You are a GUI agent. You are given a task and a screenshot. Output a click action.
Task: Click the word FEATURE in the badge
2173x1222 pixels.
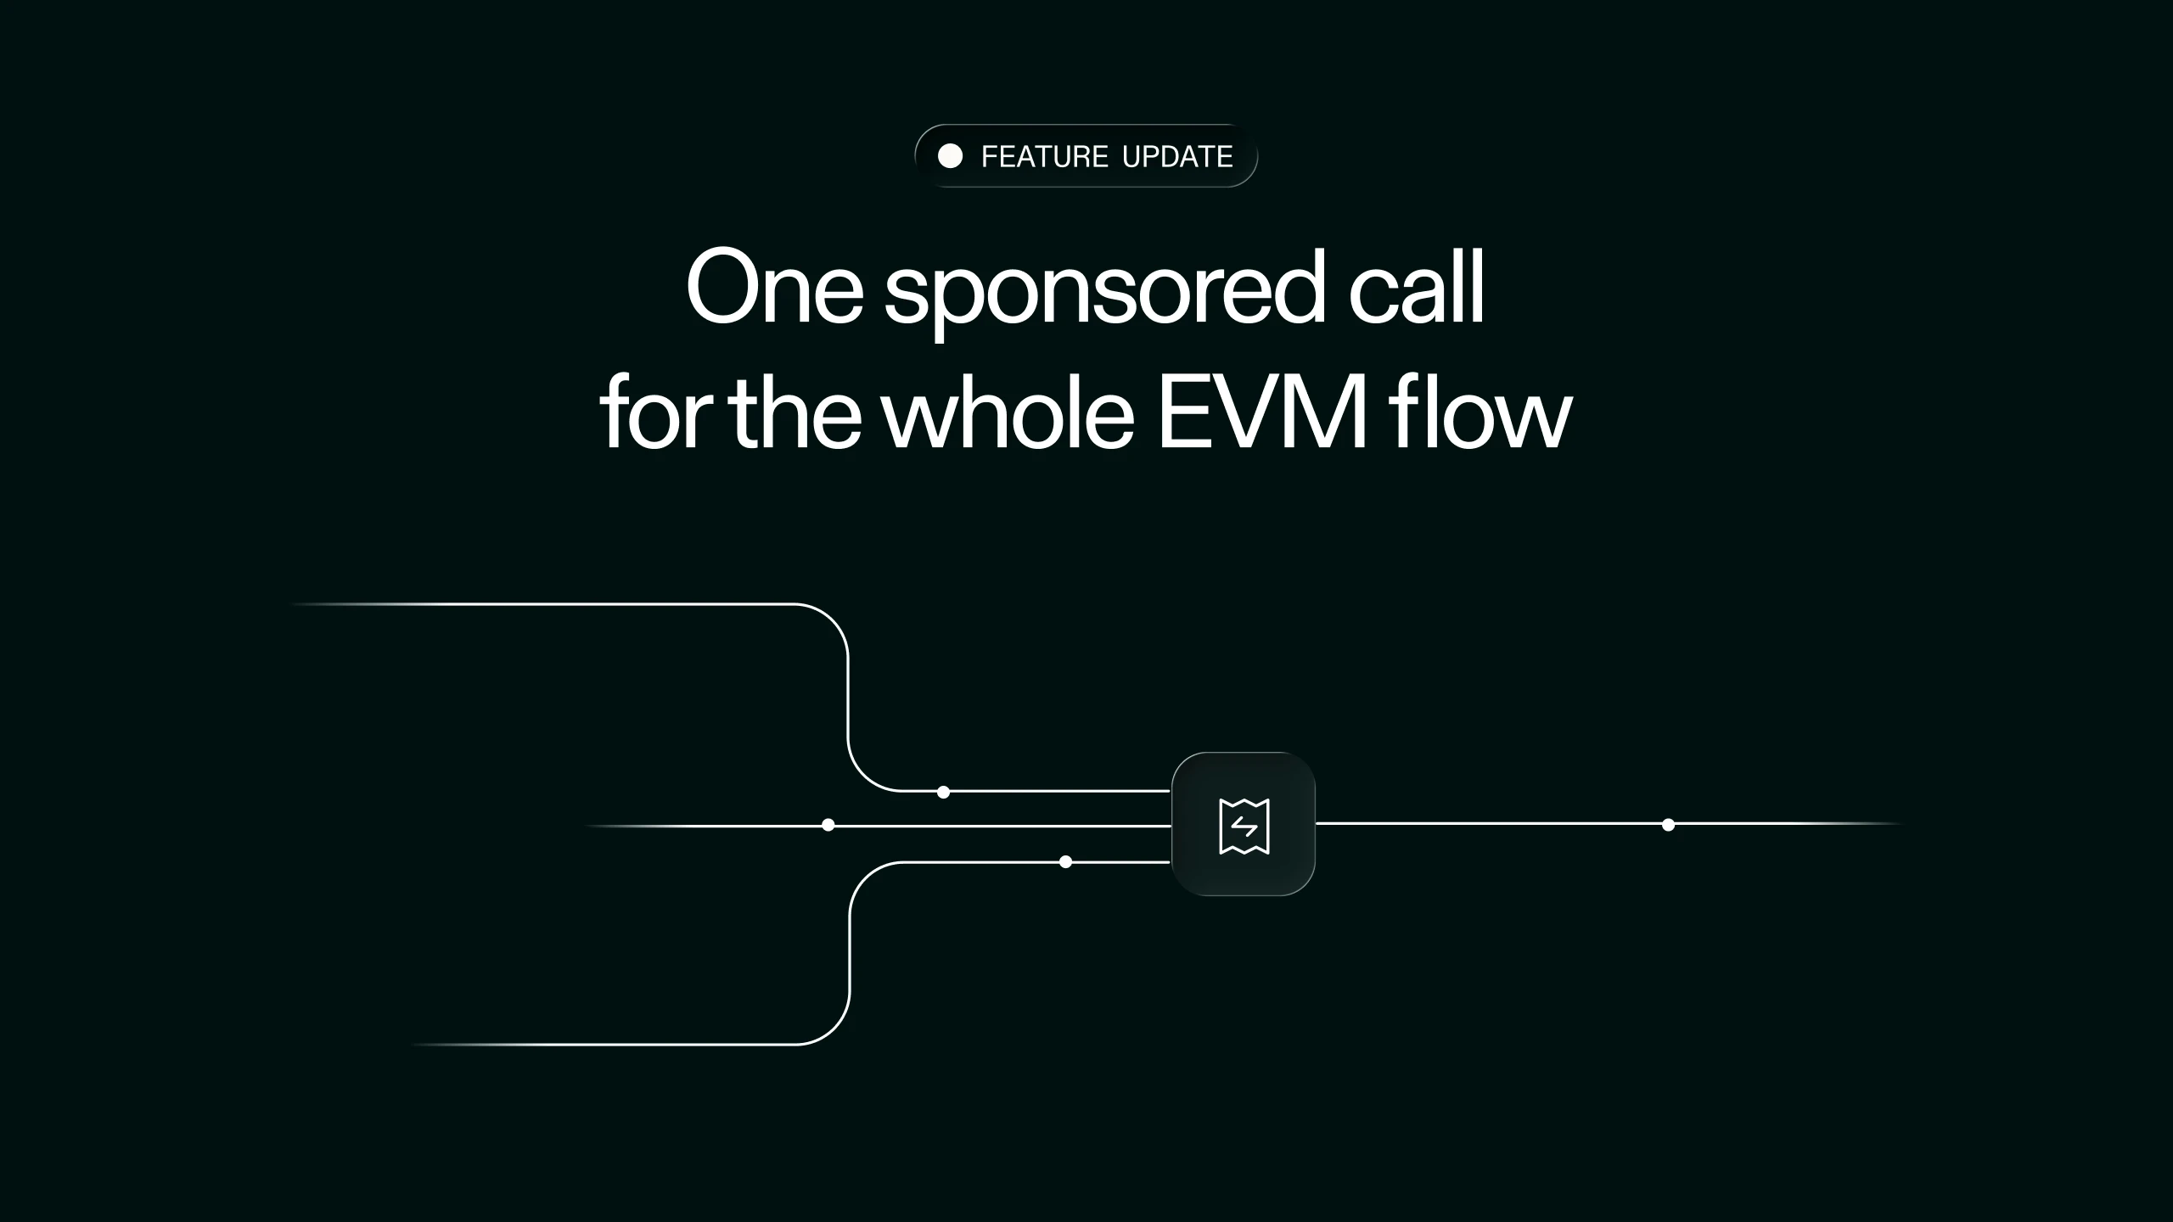pyautogui.click(x=1045, y=156)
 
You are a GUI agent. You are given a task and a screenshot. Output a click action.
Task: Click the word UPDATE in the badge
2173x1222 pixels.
pyautogui.click(x=1177, y=156)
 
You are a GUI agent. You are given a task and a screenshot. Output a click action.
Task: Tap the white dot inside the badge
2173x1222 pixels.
pyautogui.click(x=950, y=156)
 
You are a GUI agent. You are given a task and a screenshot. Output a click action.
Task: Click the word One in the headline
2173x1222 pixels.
pyautogui.click(x=775, y=288)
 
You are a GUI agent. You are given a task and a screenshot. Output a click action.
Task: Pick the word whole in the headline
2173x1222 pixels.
pyautogui.click(x=1008, y=412)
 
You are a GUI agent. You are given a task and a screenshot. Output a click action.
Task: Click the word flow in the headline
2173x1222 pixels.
pyautogui.click(x=1480, y=412)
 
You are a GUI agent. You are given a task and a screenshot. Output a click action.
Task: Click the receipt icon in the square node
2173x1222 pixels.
pyautogui.click(x=1244, y=826)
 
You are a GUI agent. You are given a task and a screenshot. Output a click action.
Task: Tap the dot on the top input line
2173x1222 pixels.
pyautogui.click(x=943, y=792)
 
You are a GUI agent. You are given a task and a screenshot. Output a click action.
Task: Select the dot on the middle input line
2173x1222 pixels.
pyautogui.click(x=828, y=825)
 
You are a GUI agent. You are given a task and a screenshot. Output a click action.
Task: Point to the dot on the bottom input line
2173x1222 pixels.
pyautogui.click(x=1066, y=862)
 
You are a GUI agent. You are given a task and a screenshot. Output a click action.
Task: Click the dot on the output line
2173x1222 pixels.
pyautogui.click(x=1668, y=825)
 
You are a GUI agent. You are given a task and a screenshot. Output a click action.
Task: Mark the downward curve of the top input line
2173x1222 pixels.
pyautogui.click(x=833, y=619)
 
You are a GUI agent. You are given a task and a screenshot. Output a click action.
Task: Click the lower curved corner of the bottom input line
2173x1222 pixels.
pyautogui.click(x=834, y=1029)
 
